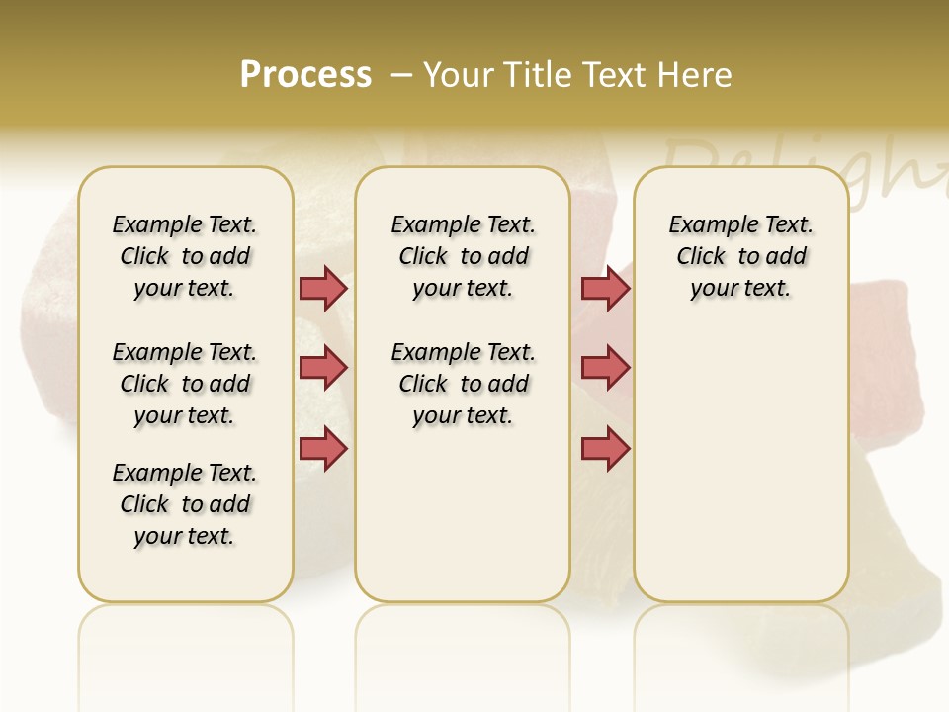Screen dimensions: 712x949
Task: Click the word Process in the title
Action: point(305,75)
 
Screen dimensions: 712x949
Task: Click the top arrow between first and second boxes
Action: point(323,288)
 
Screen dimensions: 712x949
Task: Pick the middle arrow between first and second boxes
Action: point(323,368)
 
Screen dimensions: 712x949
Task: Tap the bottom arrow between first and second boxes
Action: point(323,449)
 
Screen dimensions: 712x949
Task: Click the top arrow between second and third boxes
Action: point(605,288)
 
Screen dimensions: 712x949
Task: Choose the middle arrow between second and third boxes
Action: point(605,368)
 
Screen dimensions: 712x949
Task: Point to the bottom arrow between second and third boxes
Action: point(605,449)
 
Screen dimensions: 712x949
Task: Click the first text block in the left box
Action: point(185,256)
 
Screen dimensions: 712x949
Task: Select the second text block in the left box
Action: point(185,384)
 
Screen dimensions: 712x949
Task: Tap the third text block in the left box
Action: point(185,504)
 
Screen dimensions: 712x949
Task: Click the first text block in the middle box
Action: point(464,256)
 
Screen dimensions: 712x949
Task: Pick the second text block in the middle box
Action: point(464,384)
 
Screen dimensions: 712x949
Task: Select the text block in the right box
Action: point(741,256)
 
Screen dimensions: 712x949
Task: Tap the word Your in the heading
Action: point(461,75)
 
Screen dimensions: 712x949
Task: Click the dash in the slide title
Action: point(401,75)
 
